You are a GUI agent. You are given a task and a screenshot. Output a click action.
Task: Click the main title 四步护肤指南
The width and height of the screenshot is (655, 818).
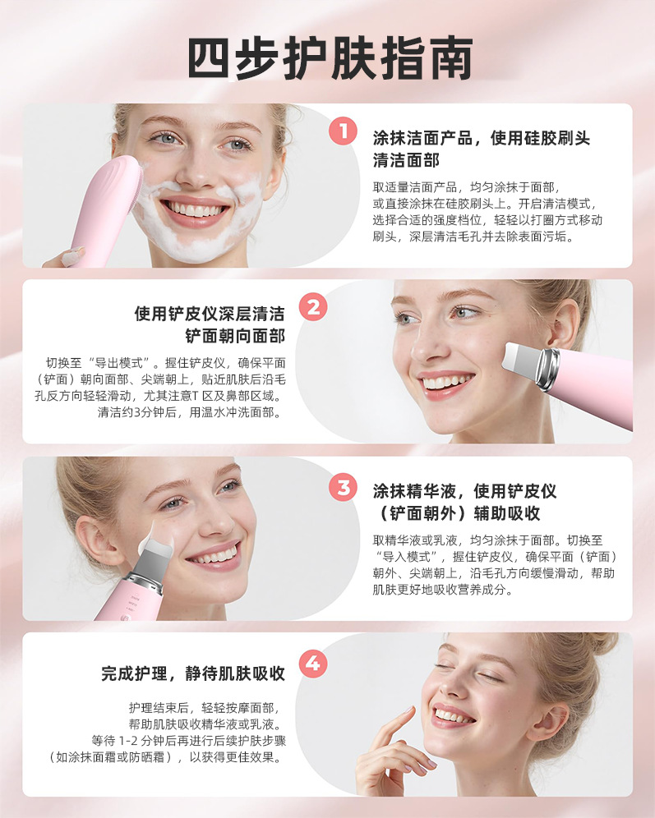tap(330, 58)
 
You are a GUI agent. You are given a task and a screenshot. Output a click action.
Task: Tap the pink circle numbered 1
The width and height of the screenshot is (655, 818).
tap(343, 131)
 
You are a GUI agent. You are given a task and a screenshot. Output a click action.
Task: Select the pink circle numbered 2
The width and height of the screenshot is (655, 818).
tap(313, 307)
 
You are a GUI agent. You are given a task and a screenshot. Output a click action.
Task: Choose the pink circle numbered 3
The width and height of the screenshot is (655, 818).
tap(343, 488)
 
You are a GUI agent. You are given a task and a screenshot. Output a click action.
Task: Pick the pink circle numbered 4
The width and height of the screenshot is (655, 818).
tap(313, 664)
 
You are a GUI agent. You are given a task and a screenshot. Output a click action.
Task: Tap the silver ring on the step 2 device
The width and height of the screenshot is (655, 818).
tap(549, 370)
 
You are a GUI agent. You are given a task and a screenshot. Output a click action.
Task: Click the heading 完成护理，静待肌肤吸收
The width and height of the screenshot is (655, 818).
tap(193, 673)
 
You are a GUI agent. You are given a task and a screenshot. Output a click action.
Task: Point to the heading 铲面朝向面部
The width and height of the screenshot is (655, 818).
tap(235, 336)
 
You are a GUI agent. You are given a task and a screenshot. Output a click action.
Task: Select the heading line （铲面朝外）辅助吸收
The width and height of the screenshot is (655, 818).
tap(457, 513)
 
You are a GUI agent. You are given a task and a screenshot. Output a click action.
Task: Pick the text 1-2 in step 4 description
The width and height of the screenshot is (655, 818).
tap(128, 741)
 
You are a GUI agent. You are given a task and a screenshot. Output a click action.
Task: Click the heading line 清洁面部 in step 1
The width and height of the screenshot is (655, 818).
tap(406, 160)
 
